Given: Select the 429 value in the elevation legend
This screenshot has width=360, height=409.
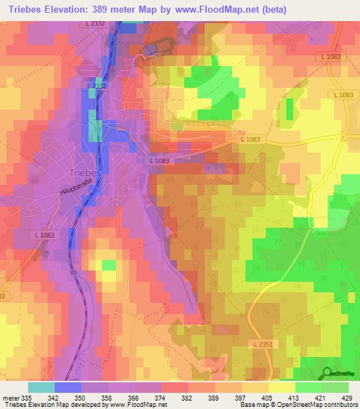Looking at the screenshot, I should point(347,397).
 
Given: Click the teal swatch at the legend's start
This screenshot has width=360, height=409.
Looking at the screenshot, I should point(41,387).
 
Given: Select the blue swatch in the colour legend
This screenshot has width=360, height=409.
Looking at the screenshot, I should point(68,387).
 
